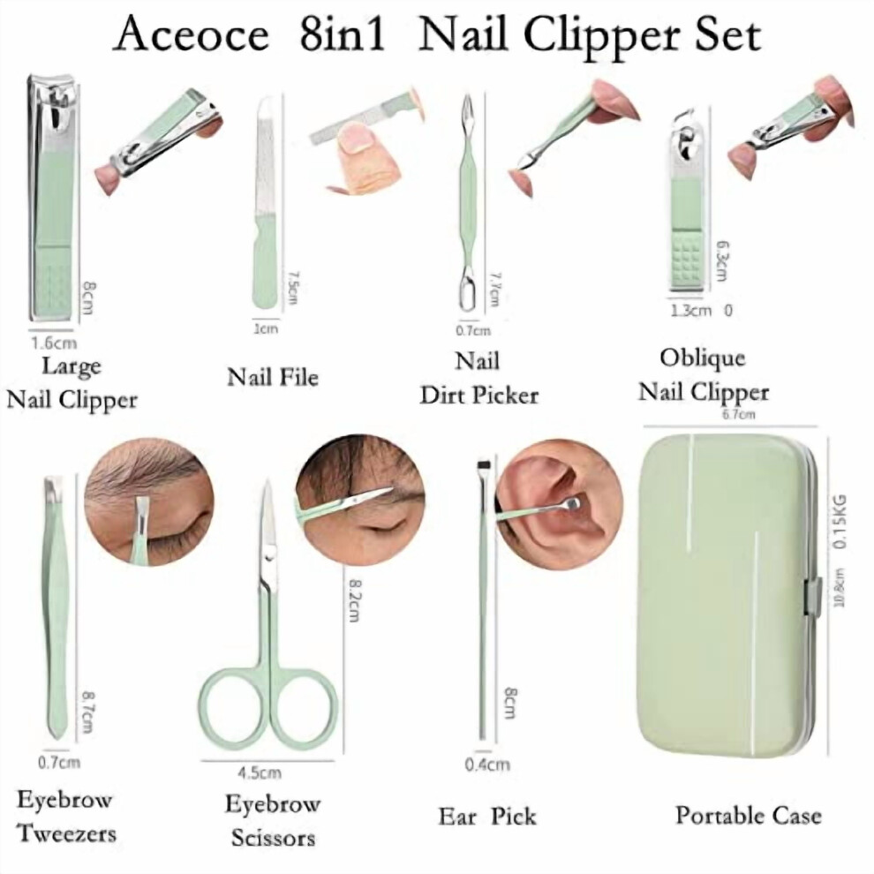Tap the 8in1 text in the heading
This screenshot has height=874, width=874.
click(343, 34)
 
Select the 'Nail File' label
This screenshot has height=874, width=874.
click(273, 378)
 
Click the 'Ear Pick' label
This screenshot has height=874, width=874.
click(486, 817)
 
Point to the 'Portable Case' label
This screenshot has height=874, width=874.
click(749, 816)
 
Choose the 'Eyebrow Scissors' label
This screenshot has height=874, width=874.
click(273, 820)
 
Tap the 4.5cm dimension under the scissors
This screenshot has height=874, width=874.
click(260, 773)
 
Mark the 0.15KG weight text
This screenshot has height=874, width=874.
click(840, 521)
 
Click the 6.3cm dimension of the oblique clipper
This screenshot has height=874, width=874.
click(720, 260)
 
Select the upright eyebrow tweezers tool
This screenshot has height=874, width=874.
click(56, 607)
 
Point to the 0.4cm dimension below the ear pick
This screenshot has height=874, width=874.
click(487, 765)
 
